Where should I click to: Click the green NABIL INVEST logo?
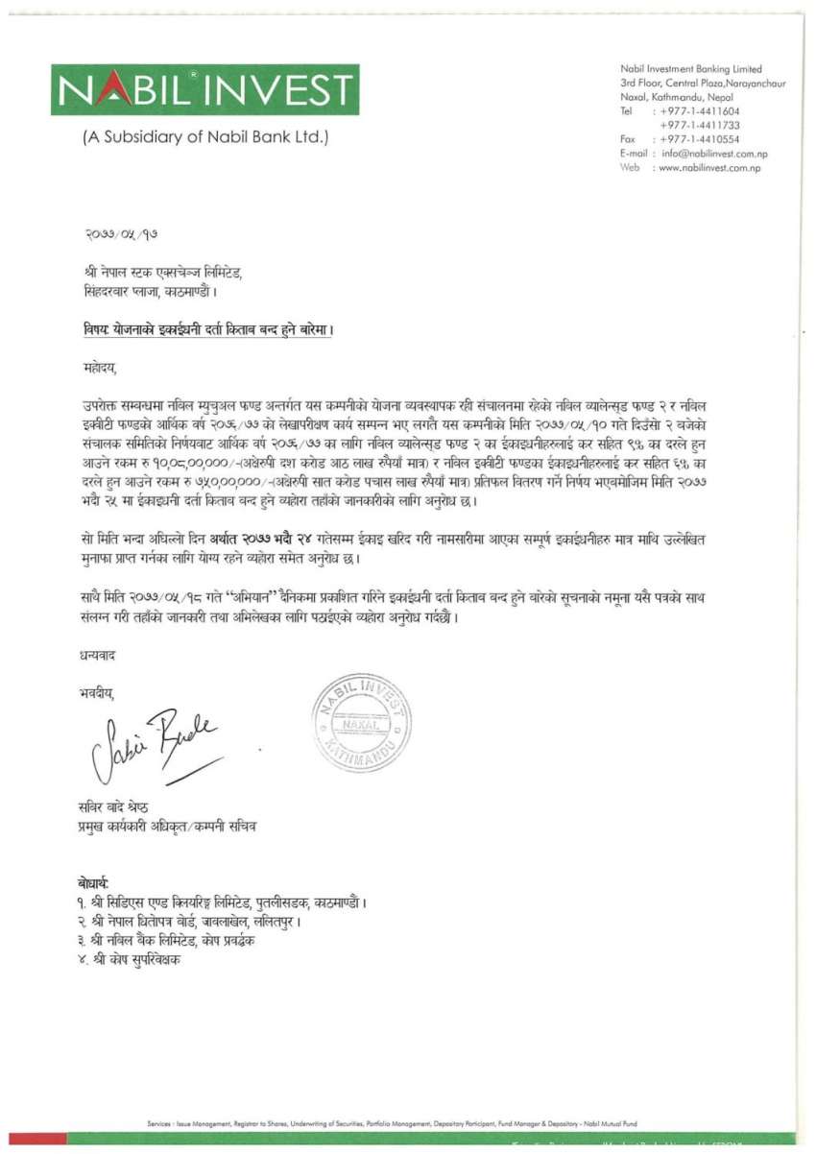(x=205, y=89)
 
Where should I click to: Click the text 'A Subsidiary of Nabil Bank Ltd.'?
(x=205, y=136)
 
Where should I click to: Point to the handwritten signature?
(x=158, y=739)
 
